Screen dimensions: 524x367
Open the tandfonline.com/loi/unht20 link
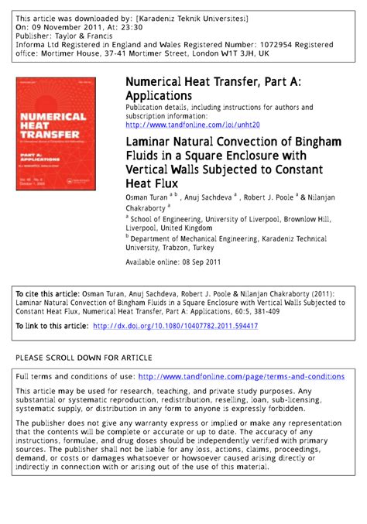(192, 125)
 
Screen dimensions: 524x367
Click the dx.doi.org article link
(175, 327)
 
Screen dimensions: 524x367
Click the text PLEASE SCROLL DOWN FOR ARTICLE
(84, 358)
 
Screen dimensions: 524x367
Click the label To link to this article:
(51, 327)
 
